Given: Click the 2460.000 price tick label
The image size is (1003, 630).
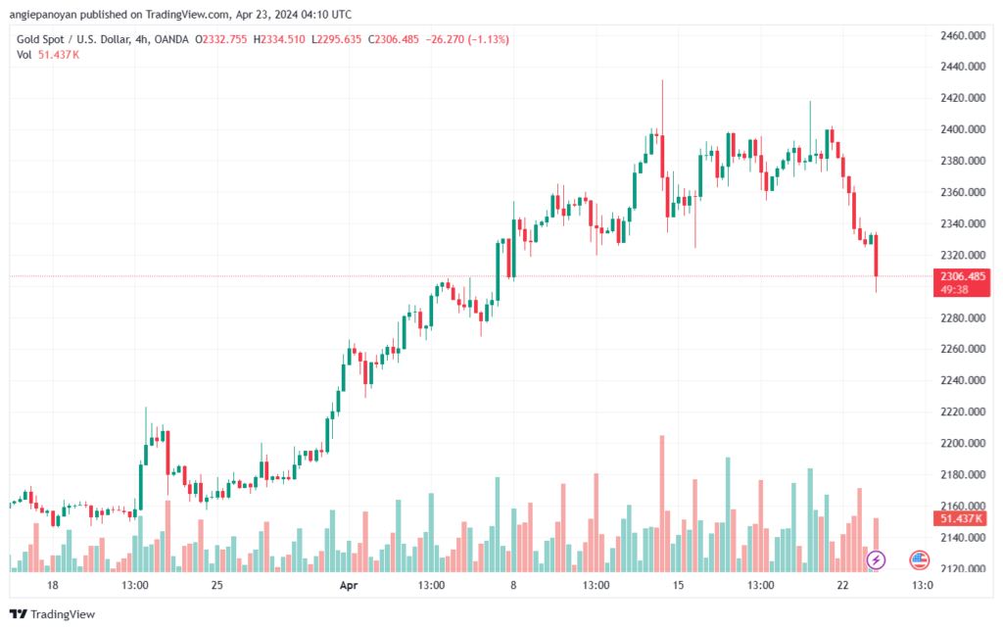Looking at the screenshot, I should point(960,35).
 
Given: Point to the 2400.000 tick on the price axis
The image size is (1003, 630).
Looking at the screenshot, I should point(960,129).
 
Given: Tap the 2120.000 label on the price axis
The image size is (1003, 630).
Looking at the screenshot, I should point(960,568).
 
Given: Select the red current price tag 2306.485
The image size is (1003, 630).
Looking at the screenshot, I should point(960,277).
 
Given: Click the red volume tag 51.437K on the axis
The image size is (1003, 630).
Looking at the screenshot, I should point(960,518).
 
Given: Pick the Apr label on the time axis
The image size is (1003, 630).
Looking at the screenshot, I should point(348,585).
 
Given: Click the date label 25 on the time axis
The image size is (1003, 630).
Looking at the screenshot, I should point(217,585).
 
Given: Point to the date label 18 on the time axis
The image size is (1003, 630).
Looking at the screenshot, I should point(53,585).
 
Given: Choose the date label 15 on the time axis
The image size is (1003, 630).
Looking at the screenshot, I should point(677,585).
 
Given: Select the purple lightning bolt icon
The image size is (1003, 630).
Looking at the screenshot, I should point(877,559).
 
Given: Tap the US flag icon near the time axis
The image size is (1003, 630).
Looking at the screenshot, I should point(919,559).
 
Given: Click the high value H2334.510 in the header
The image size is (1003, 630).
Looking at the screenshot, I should point(280,39).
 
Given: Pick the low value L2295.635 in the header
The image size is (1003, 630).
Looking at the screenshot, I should point(338,39).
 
